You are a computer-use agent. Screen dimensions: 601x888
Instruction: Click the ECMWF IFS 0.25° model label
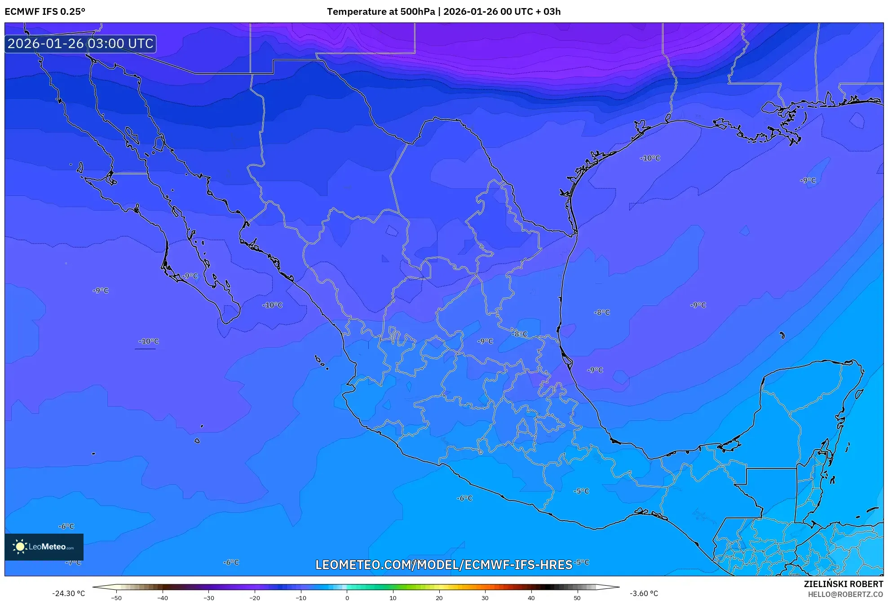45,12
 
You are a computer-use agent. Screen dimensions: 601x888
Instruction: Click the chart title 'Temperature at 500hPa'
381,12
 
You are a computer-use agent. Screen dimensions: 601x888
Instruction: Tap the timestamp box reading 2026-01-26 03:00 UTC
80,44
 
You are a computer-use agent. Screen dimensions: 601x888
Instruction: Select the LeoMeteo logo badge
44,547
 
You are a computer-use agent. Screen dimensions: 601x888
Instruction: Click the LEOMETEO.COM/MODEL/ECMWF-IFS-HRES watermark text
444,565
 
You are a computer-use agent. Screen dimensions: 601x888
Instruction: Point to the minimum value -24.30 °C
68,593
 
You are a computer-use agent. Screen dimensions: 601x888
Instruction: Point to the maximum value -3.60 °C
644,593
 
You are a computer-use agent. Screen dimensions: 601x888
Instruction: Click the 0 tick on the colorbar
347,598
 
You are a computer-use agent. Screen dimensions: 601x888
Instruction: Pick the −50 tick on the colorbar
116,598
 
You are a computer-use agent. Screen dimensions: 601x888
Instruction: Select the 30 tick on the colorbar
485,598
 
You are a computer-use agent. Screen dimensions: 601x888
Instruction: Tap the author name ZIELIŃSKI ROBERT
843,584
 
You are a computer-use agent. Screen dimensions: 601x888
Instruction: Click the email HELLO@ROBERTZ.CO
845,594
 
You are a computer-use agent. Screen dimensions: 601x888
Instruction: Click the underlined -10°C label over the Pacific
148,341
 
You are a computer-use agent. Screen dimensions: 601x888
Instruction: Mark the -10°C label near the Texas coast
650,158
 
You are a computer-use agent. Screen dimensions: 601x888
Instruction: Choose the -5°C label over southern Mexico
581,491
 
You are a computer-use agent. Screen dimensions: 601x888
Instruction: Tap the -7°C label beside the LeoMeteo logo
74,562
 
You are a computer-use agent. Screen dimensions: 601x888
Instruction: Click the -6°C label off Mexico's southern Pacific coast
465,498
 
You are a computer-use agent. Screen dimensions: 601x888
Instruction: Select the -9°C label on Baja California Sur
190,276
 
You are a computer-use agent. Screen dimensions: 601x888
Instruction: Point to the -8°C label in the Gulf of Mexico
602,312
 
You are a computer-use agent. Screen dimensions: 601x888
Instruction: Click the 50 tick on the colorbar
577,598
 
